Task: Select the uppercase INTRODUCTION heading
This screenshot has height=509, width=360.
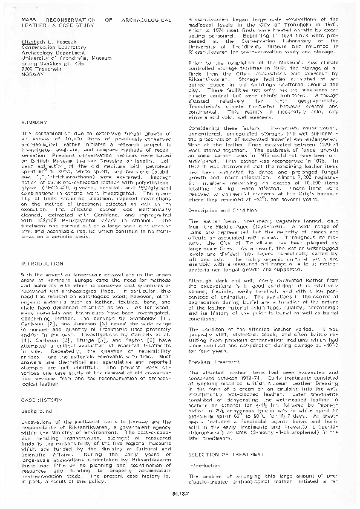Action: pyautogui.click(x=38, y=264)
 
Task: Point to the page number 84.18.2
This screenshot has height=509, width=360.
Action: pyautogui.click(x=179, y=499)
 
